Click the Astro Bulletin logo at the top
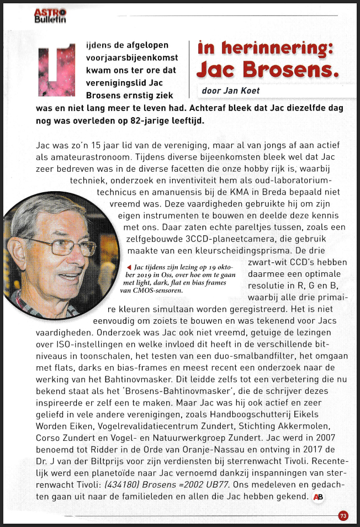coord(50,16)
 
